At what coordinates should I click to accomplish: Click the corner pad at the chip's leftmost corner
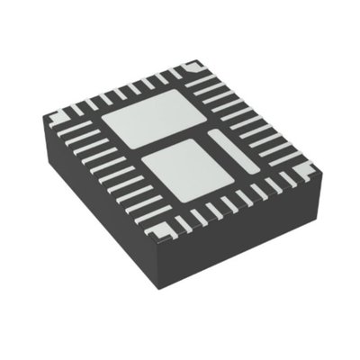[x=55, y=115]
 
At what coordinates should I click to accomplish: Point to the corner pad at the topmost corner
[x=191, y=66]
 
